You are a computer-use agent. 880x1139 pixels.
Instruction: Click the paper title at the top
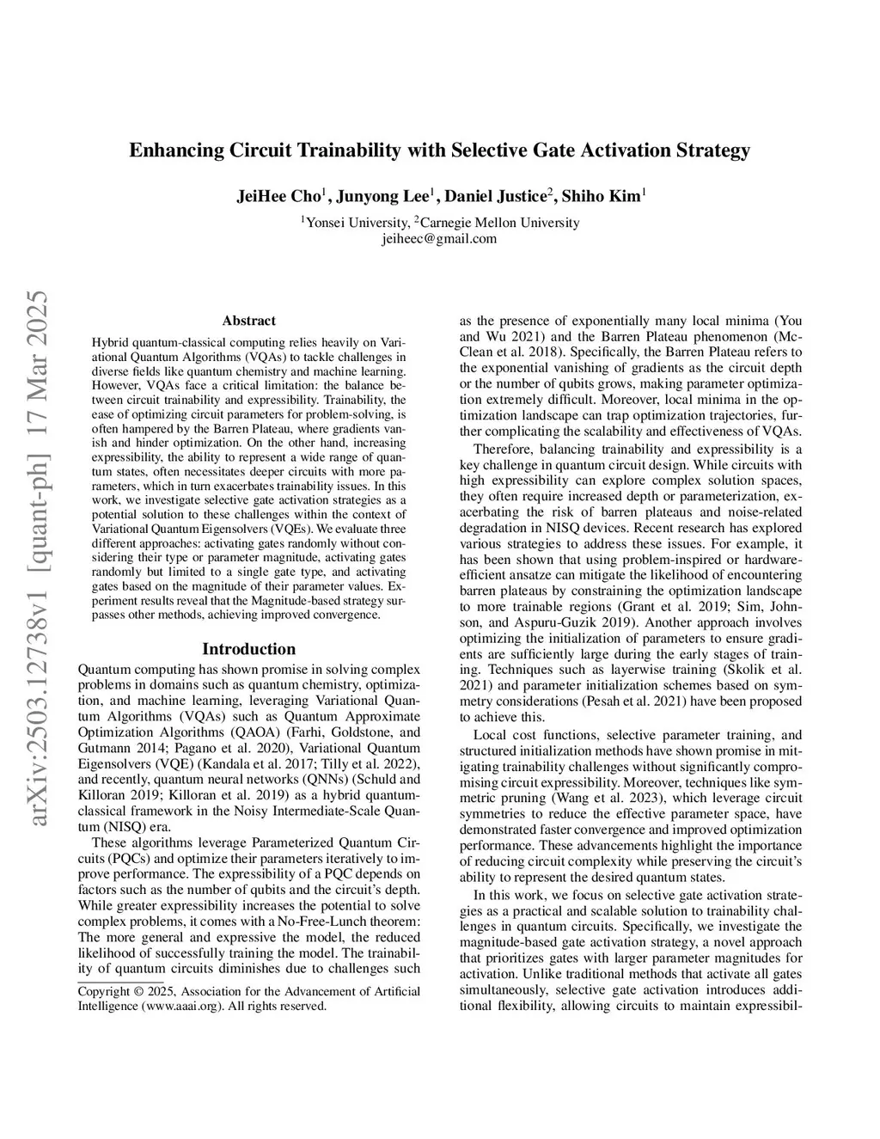(x=439, y=151)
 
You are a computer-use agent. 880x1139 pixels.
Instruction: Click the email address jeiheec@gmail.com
(x=439, y=238)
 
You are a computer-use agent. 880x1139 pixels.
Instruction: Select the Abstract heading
(x=248, y=321)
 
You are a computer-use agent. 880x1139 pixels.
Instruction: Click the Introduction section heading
(x=248, y=649)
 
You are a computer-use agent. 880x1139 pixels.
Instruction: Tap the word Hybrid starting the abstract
(x=109, y=341)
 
